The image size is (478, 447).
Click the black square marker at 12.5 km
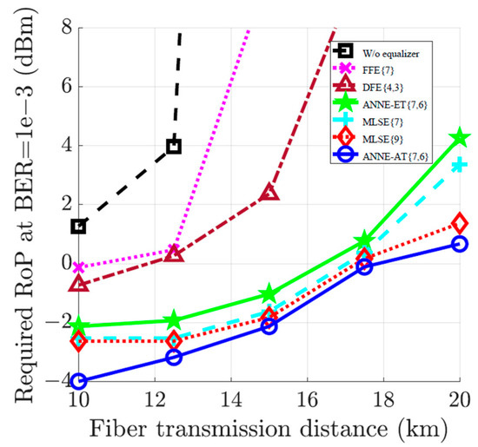[174, 146]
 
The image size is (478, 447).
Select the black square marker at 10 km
[78, 227]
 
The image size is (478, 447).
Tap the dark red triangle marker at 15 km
[269, 192]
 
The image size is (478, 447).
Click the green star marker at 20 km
[461, 138]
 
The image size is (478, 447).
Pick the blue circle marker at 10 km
[78, 381]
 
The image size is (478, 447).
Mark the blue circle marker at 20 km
[461, 244]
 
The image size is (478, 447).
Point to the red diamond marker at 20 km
[461, 223]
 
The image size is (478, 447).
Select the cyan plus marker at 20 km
[461, 165]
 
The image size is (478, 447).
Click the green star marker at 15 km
[269, 294]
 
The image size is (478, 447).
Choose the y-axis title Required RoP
[19, 206]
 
